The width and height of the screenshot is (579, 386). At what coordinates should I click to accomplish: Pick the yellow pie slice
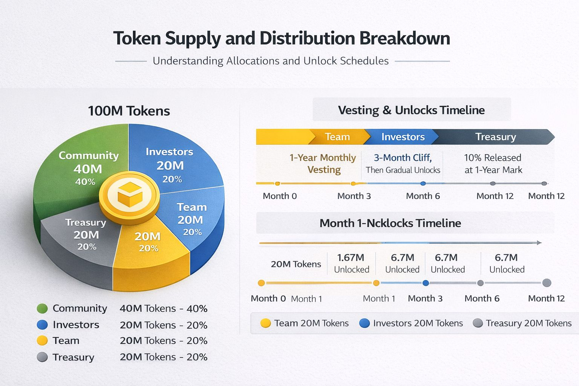pos(149,249)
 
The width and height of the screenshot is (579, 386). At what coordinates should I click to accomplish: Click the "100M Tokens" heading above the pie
pos(129,111)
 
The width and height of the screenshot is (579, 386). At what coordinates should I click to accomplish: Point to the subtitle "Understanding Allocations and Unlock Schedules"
pos(271,61)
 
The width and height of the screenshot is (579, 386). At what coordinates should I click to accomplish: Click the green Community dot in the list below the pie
pos(42,309)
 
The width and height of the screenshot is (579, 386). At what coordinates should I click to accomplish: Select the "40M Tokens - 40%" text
pos(164,309)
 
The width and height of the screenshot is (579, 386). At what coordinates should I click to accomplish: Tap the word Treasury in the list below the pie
pos(74,357)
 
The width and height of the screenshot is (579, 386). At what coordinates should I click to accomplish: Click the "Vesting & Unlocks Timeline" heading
pos(411,110)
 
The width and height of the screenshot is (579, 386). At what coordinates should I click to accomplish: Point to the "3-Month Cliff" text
pos(403,158)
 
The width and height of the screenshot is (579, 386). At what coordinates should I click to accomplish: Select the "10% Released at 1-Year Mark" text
pos(493,164)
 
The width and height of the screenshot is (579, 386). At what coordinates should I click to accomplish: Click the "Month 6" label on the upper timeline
pos(423,196)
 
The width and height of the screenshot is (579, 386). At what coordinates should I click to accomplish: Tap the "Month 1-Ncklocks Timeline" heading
pos(390,223)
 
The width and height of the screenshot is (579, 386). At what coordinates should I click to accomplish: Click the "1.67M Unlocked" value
pos(351,263)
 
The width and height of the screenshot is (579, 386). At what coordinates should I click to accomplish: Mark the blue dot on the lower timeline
pos(426,283)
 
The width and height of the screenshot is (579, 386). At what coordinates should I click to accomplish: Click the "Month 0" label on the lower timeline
pos(268,299)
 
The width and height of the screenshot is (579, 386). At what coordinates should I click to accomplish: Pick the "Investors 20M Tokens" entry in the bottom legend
pos(411,323)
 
